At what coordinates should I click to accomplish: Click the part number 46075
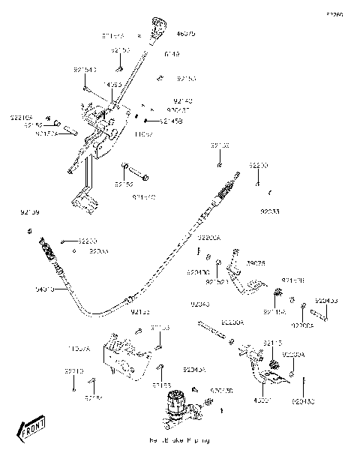click(x=185, y=34)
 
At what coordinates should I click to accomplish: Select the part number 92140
click(x=182, y=100)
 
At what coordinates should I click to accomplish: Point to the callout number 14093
click(x=112, y=85)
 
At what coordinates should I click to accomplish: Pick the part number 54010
click(x=44, y=288)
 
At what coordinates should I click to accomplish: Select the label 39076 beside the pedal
click(x=256, y=263)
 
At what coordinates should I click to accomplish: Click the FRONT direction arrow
click(x=31, y=430)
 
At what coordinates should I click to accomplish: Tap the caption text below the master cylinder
click(x=169, y=440)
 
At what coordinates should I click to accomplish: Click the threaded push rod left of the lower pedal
click(x=213, y=327)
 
